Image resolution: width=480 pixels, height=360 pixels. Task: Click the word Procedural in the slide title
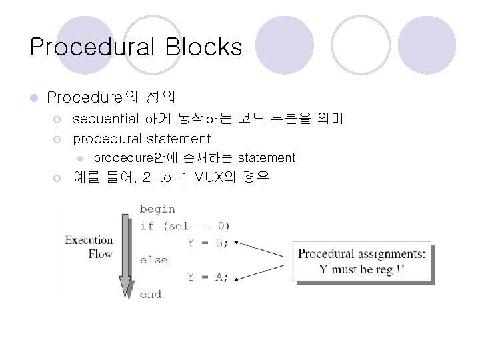(92, 47)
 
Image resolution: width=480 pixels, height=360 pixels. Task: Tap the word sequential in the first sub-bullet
(105, 119)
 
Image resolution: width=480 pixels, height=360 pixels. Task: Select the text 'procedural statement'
(141, 139)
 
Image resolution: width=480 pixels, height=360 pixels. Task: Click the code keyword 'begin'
(157, 209)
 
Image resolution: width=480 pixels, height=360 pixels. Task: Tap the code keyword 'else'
(153, 260)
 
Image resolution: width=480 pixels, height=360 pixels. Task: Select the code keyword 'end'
(151, 294)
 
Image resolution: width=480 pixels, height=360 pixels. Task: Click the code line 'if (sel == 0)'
(185, 226)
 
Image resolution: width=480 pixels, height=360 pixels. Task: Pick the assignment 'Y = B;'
(207, 243)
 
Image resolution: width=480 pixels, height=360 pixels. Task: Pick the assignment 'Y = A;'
(207, 277)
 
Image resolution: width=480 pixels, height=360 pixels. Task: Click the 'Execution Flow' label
(89, 247)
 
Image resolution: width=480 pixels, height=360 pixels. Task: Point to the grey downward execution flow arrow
(125, 253)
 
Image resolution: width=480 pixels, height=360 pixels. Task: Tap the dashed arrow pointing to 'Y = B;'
(263, 249)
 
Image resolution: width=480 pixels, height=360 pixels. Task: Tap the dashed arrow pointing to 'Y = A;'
(263, 272)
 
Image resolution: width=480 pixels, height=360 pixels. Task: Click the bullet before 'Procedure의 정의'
(33, 98)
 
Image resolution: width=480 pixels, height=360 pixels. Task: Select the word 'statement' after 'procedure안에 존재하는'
(266, 158)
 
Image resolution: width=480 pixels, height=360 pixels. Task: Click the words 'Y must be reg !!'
(362, 270)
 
